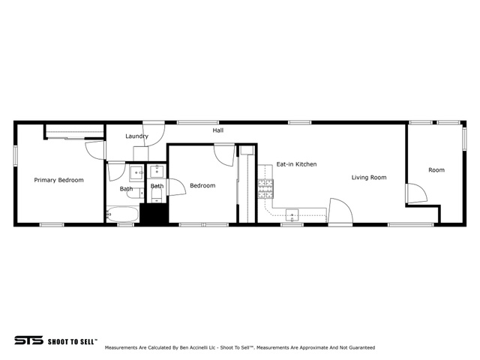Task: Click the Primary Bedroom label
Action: pos(58,180)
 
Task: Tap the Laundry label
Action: pos(136,136)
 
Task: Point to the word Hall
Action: pos(218,130)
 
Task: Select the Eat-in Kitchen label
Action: pos(296,164)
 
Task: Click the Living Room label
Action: pos(369,177)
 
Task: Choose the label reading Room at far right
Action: pos(436,170)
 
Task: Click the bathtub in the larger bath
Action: pos(122,214)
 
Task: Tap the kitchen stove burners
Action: pos(265,189)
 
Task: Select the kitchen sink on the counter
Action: pos(292,215)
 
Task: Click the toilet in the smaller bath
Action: pos(157,195)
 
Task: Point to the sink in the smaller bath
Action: pos(157,172)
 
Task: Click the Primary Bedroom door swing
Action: pos(95,150)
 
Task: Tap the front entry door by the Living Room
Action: pos(340,211)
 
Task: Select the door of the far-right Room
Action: pos(416,193)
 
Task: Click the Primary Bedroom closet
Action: pos(75,132)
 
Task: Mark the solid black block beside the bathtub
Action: pos(154,213)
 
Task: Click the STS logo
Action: pos(28,340)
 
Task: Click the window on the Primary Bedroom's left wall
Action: pos(15,156)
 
